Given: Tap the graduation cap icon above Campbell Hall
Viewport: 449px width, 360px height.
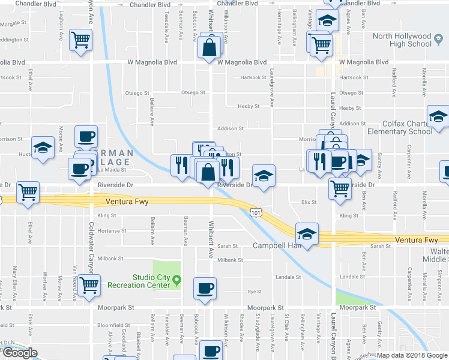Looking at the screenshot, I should click(307, 233).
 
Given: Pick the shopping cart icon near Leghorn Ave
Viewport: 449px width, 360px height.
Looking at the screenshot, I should click(80, 40).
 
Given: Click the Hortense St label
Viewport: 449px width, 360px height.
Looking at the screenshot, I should click(112, 230).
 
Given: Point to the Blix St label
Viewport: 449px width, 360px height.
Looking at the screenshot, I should click(309, 202).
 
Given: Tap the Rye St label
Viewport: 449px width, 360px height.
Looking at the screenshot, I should click(255, 292).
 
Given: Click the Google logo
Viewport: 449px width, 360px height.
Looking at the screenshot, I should click(20, 353).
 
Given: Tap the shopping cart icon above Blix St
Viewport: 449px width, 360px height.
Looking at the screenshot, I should click(340, 188).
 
